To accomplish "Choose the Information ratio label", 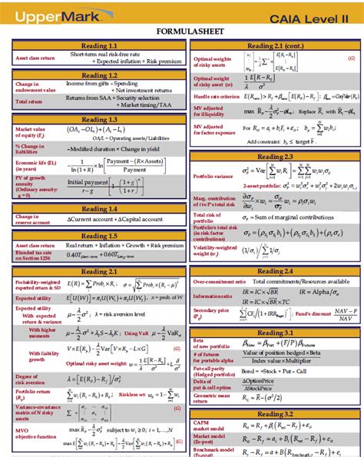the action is point(215,296).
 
